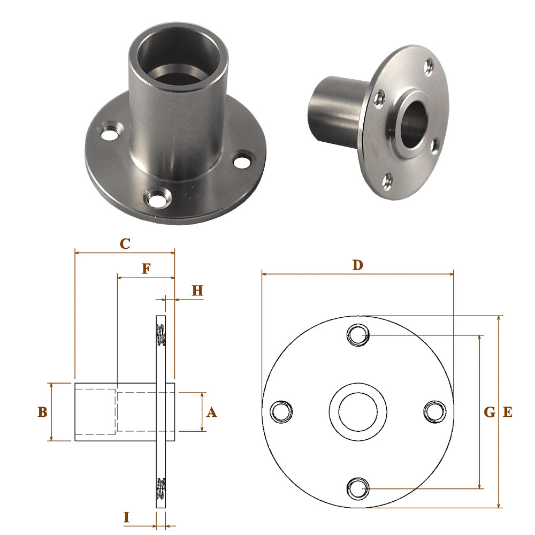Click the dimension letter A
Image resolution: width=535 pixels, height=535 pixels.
coord(211,412)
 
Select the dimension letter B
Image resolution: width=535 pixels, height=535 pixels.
coord(43,412)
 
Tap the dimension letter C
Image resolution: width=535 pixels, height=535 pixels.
coord(125,244)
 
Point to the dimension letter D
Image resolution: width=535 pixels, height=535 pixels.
coord(357,265)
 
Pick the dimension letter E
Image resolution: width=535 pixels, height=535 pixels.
coord(508,412)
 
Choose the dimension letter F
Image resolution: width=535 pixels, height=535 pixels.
coord(145,269)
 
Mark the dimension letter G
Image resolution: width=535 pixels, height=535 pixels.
coord(489,412)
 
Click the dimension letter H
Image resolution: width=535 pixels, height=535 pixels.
coord(197,291)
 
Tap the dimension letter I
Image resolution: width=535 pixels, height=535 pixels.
coord(127,517)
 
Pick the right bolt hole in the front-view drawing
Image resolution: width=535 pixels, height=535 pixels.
coord(434,411)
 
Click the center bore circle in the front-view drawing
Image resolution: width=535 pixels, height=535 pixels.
coord(357,411)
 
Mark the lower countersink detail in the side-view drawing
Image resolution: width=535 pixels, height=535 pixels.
coord(162,487)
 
